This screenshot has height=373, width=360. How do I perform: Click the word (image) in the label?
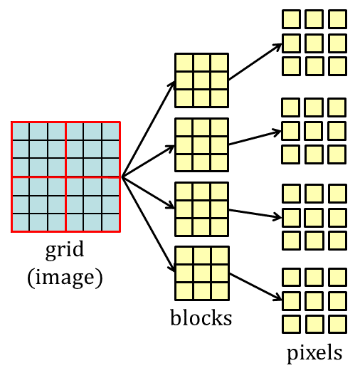coord(65,278)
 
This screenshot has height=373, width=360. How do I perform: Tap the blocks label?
coord(201,317)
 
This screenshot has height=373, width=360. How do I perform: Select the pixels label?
coord(314,353)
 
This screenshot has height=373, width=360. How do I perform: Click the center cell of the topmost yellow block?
coord(201,80)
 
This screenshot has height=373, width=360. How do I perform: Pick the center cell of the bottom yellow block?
coord(202,273)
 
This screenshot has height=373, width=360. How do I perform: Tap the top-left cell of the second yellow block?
coord(184,127)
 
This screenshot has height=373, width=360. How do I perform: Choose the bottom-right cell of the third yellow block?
coord(219,226)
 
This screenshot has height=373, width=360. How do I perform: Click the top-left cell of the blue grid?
coord(21,131)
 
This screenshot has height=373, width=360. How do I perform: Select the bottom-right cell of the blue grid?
coord(111,222)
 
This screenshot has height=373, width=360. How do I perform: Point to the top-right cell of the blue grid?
coord(111,131)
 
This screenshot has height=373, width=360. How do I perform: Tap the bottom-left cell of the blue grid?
coord(21,222)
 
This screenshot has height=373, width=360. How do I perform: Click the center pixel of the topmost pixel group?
coord(314,43)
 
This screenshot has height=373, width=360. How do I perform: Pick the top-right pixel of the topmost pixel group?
coord(337,19)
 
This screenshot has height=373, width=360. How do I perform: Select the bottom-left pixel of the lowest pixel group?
coord(291,324)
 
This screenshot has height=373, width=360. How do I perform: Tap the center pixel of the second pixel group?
coord(314,130)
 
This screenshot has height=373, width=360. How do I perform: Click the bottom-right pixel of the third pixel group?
coord(337,241)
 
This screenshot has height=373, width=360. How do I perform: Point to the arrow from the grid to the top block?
coord(149,129)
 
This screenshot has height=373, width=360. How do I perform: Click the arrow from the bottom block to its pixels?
coord(255,287)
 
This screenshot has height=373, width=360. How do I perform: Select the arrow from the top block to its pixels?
coord(255,62)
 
